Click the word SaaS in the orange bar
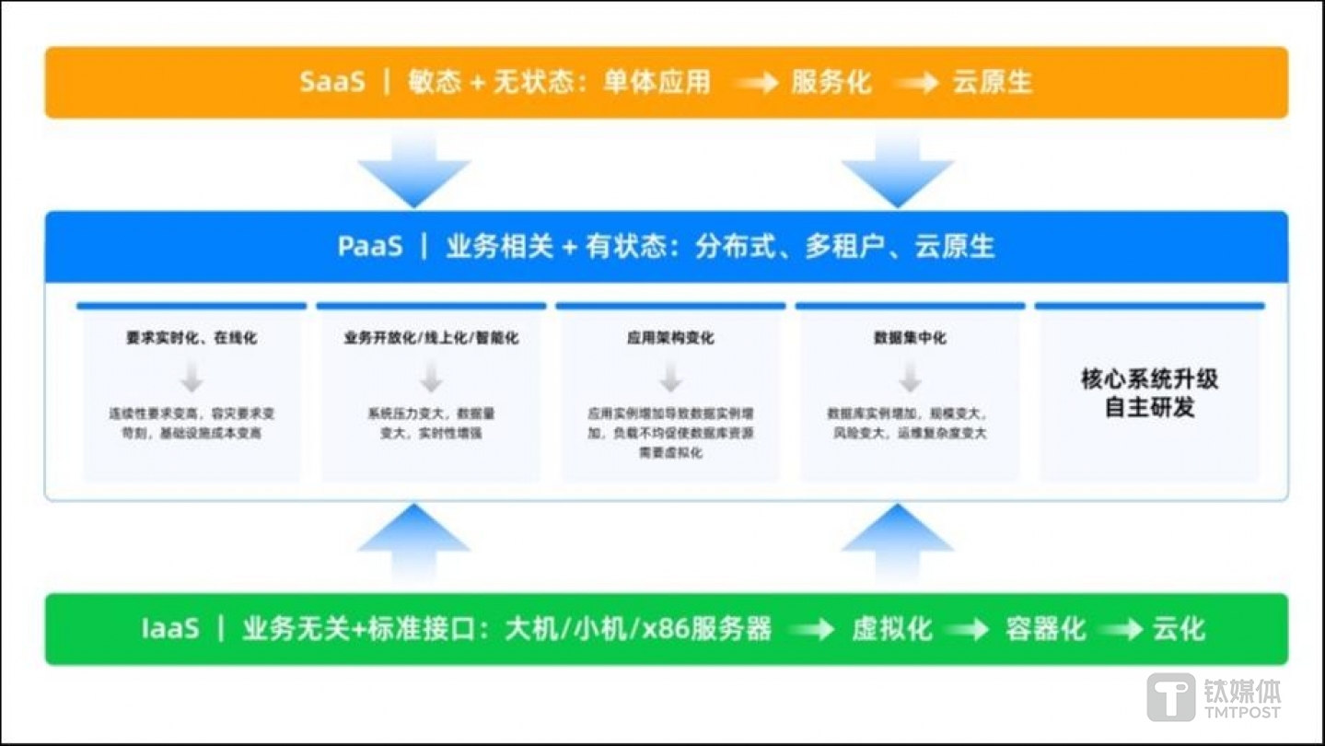pyautogui.click(x=332, y=82)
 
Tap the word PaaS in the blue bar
pyautogui.click(x=370, y=247)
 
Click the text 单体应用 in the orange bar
pyautogui.click(x=657, y=82)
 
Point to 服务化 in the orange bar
pyautogui.click(x=831, y=82)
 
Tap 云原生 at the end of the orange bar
pyautogui.click(x=992, y=82)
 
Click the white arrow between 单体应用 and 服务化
pyautogui.click(x=757, y=83)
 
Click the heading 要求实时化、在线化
pyautogui.click(x=192, y=338)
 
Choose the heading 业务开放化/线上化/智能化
pyautogui.click(x=431, y=338)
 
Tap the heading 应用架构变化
pyautogui.click(x=670, y=338)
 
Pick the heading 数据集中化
pyautogui.click(x=910, y=338)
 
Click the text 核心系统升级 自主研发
pyautogui.click(x=1149, y=393)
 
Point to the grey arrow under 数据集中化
pyautogui.click(x=910, y=377)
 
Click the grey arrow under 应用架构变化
pyautogui.click(x=670, y=377)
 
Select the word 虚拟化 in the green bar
pyautogui.click(x=891, y=629)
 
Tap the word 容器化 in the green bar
pyautogui.click(x=1045, y=629)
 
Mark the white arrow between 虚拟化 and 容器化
pyautogui.click(x=967, y=630)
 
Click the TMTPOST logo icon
pyautogui.click(x=1170, y=697)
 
